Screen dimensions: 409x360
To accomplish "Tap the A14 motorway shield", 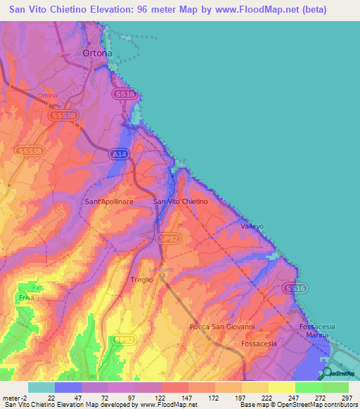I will tap(120, 153).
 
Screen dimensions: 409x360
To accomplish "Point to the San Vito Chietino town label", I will tap(180, 202).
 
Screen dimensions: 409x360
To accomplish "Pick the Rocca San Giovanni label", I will tap(221, 327).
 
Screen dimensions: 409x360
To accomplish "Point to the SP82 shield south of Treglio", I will tap(124, 340).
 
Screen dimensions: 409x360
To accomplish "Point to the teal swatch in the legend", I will tap(41, 387).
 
